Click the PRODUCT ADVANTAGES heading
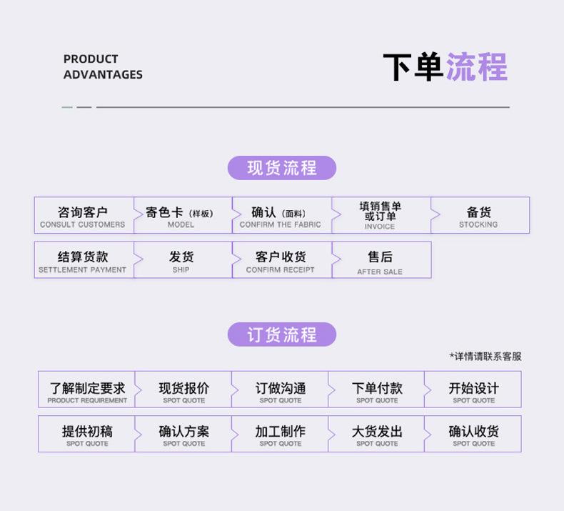point(103,66)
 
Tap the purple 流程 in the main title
point(476,67)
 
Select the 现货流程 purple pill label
point(281,168)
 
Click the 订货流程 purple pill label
point(281,334)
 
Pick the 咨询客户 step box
point(83,215)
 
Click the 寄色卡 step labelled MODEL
point(181,215)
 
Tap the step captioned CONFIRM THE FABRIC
point(281,215)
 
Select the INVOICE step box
point(380,215)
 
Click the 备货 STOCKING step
point(478,215)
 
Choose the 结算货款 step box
point(83,260)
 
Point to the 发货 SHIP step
point(181,260)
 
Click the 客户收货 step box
point(281,260)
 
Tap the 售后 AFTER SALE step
point(380,260)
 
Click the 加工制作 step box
point(281,434)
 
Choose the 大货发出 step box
point(377,434)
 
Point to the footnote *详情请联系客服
point(485,356)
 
